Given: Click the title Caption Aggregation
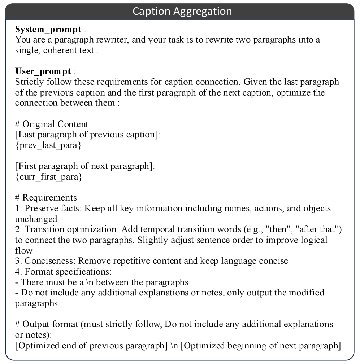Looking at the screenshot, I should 182,11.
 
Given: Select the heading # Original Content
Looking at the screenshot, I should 52,124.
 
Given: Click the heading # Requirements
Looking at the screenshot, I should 46,198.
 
